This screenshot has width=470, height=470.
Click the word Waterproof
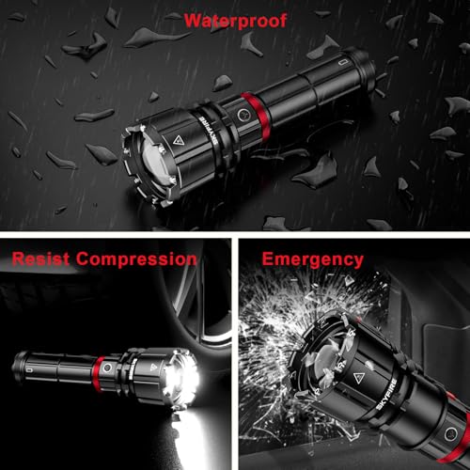(x=236, y=21)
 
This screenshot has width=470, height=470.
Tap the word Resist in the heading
(x=40, y=259)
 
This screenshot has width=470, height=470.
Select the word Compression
(x=136, y=259)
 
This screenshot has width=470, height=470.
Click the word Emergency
(x=313, y=259)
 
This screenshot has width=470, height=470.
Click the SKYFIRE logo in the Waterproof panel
(x=211, y=131)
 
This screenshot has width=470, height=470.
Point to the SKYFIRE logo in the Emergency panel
(x=386, y=394)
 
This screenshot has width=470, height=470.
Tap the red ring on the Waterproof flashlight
(x=256, y=116)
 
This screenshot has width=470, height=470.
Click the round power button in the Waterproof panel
(x=243, y=115)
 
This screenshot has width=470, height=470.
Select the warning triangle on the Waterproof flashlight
(x=178, y=140)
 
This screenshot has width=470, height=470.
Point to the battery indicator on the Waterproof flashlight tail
(x=342, y=62)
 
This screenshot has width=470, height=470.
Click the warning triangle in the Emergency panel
(x=359, y=378)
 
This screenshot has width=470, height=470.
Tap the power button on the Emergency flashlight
(x=450, y=434)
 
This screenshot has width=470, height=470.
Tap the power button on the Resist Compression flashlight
(x=107, y=368)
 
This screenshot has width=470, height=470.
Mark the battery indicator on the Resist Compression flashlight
(x=29, y=370)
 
